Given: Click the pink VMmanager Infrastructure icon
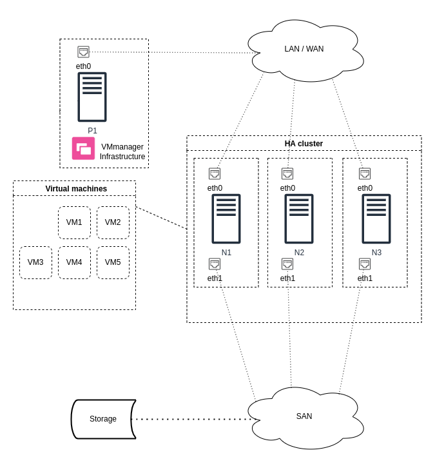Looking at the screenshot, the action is coord(84,148).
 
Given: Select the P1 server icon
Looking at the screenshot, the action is coord(92,97).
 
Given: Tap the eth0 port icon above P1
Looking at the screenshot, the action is coord(84,52).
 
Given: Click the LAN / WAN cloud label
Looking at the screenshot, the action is coord(304,49).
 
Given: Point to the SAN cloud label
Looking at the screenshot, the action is coord(304,416).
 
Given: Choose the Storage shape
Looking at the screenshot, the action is coord(103,419).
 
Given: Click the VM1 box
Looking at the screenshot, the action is coord(74,222).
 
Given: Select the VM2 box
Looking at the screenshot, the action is coord(113,222).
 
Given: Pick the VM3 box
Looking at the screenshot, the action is coord(35,262).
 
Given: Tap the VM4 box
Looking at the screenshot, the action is coord(74,262).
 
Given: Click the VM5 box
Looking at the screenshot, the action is coord(113,262).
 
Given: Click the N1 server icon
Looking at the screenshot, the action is coord(226,218).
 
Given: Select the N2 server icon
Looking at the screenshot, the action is coord(299,218).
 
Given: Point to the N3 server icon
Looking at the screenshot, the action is coord(376,218).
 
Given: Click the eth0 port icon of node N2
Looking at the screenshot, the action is coord(287,173).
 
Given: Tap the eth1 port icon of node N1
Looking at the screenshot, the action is coord(215,264).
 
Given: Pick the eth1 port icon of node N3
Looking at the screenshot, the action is coord(365,264).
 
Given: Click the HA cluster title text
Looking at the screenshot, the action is coord(304,144).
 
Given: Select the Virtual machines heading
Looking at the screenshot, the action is coord(76,189).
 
